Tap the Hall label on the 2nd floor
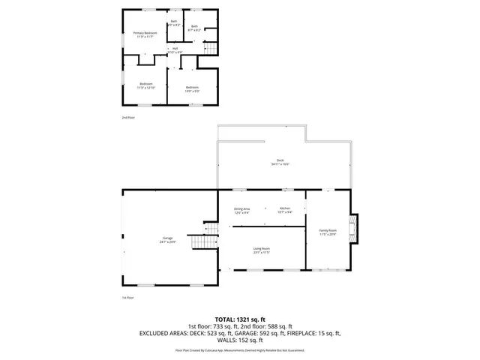coord(175,49)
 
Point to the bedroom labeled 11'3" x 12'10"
coord(145,85)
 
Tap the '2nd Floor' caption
coord(129,118)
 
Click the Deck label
coord(280,162)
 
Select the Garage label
coord(167,240)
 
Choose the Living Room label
coord(261,250)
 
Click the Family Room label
coord(328,232)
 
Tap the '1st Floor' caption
coord(127,298)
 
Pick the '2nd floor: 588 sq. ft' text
coord(280,325)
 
